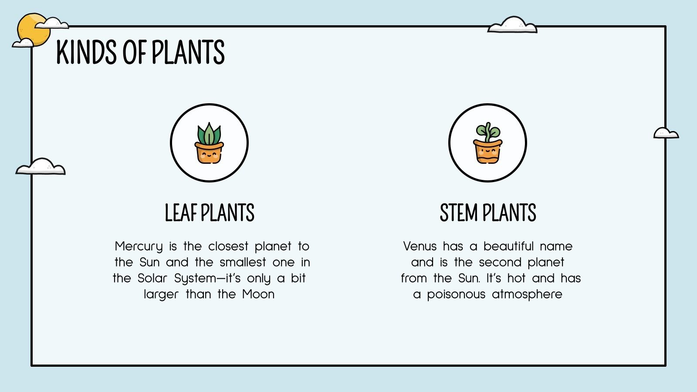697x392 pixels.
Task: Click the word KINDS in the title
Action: tap(86, 52)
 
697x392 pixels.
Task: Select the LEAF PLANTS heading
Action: tap(209, 213)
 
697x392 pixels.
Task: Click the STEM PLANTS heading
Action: tap(487, 213)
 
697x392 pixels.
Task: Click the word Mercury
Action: tap(139, 247)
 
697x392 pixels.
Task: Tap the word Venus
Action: tap(420, 247)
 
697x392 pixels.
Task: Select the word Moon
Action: tap(258, 294)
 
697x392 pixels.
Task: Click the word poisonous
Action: tap(456, 294)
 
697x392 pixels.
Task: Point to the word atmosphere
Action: tap(527, 294)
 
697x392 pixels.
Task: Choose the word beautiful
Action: tap(508, 247)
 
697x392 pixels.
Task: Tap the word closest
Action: tap(228, 247)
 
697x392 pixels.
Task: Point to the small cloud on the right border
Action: tap(666, 133)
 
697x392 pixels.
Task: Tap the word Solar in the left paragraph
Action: tap(152, 278)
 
